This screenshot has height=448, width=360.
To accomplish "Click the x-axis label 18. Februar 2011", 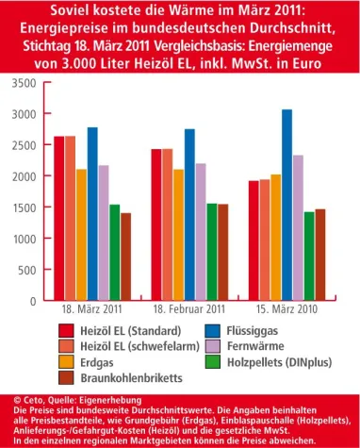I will point(189,309).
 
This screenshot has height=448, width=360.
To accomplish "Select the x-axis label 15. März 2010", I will point(286,309).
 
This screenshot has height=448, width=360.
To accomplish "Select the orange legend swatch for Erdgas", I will point(66,361).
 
